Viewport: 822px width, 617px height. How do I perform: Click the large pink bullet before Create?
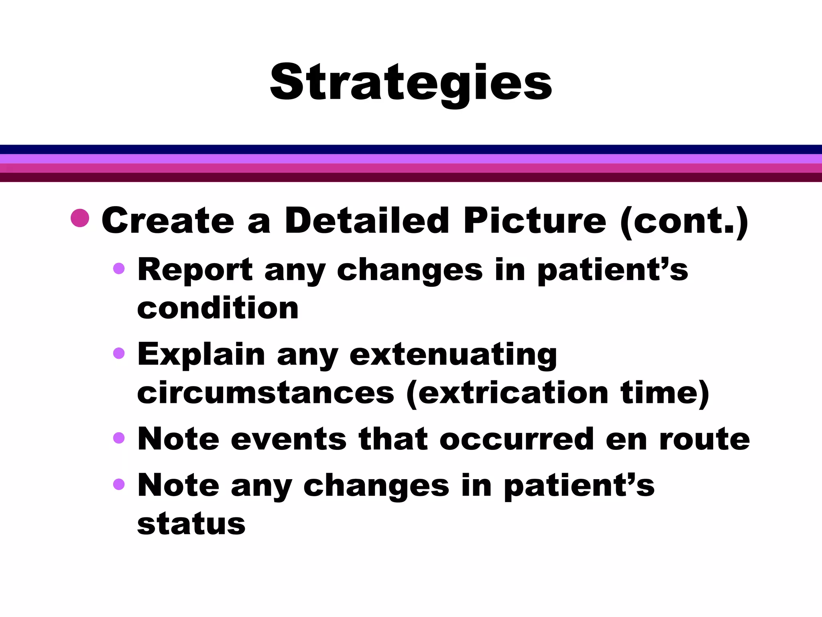[80, 218]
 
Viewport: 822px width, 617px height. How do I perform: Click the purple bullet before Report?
[119, 268]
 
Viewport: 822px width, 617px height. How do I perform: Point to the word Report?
[195, 270]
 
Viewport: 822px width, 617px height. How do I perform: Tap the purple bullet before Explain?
[119, 353]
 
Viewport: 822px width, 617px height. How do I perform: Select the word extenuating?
[453, 355]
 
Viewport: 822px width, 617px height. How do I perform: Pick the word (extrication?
[507, 394]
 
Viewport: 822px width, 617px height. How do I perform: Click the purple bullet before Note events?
[119, 437]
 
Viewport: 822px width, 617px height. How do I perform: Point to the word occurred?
[517, 439]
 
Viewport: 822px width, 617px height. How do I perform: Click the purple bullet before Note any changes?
[119, 484]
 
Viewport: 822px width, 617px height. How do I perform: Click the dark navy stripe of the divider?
[411, 149]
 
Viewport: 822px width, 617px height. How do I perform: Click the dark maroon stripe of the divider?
[411, 177]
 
